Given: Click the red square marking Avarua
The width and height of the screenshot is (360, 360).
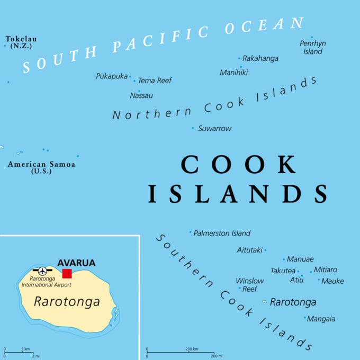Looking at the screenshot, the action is click(x=67, y=273).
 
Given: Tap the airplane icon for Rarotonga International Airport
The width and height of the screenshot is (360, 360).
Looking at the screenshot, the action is click(x=42, y=271).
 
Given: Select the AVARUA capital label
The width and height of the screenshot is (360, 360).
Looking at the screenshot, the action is click(x=76, y=263).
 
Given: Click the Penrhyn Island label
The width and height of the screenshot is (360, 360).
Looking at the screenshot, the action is click(x=312, y=48).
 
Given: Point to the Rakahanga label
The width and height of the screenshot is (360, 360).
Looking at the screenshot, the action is click(x=260, y=58).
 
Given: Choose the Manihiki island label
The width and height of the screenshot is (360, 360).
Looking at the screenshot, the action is click(x=234, y=73).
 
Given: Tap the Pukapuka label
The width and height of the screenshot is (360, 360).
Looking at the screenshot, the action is click(x=112, y=76).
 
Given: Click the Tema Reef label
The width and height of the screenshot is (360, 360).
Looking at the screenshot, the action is click(x=155, y=80).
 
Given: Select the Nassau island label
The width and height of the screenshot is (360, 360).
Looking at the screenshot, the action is click(x=141, y=96).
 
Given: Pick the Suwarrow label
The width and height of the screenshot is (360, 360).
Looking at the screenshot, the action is click(x=214, y=128).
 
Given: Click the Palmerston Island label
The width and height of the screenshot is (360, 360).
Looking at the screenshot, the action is click(x=222, y=233).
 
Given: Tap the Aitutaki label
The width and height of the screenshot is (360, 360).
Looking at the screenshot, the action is click(x=249, y=250).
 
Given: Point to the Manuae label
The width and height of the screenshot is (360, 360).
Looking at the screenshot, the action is click(x=300, y=259).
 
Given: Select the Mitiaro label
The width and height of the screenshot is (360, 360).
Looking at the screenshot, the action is click(x=326, y=269).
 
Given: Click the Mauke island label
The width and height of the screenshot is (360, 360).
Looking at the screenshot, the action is click(x=332, y=281).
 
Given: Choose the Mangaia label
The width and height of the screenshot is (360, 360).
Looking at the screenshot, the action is click(x=321, y=319).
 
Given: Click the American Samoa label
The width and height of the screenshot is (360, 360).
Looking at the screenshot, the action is click(x=41, y=167).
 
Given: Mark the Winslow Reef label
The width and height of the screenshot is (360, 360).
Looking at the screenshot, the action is click(x=250, y=285).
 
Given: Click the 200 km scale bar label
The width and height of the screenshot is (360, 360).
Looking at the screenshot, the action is click(x=192, y=349).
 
